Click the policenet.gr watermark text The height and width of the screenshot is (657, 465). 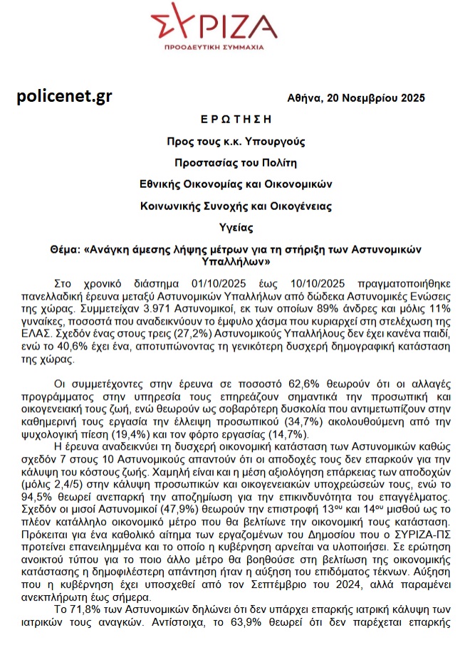point(64,97)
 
